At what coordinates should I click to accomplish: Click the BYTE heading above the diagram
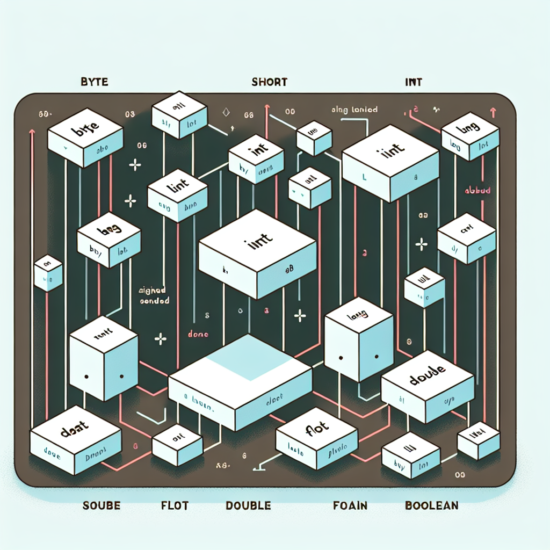pos(94,83)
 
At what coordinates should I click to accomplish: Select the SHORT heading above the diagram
pos(270,83)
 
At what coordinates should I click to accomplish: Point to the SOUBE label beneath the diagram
pos(102,505)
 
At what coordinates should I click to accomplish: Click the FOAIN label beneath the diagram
pos(350,505)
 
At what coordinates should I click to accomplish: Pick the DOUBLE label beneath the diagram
pos(248,505)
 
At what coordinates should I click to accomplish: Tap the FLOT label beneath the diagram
pos(175,505)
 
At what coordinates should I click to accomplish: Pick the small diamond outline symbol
pos(226,113)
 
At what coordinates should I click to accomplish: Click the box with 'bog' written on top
pos(109,239)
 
